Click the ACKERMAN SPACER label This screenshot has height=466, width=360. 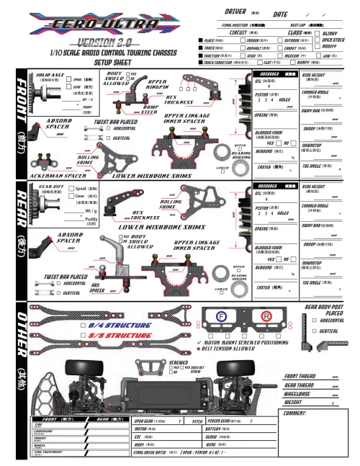[x=51, y=175]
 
